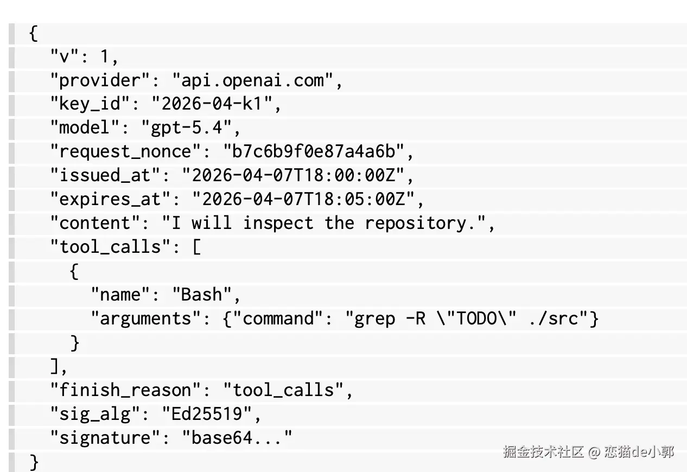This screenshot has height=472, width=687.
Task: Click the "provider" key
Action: tap(100, 81)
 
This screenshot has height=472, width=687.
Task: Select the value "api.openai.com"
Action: tap(253, 81)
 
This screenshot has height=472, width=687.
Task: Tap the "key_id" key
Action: tap(90, 104)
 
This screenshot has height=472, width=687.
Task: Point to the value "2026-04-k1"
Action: tap(212, 104)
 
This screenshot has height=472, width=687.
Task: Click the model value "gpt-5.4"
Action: tap(186, 128)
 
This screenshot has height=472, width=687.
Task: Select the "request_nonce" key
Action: tap(125, 151)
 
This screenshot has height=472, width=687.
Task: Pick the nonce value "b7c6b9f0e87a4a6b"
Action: tap(314, 151)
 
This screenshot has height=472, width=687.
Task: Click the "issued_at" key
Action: tap(105, 175)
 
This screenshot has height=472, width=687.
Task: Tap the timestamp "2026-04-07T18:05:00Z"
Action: tap(304, 199)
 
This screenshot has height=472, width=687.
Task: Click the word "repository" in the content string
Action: tap(416, 224)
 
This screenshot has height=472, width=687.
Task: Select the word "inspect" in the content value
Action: tap(278, 224)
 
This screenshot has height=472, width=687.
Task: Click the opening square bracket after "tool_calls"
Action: tap(197, 247)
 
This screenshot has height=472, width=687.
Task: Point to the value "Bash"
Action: tap(202, 295)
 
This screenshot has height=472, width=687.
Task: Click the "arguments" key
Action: tap(145, 318)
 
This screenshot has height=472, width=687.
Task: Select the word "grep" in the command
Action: tap(375, 319)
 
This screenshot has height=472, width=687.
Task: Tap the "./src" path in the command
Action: tap(554, 318)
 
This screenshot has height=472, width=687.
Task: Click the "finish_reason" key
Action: tap(125, 390)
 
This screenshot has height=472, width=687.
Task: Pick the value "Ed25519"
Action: tap(207, 414)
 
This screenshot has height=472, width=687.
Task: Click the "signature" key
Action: tap(105, 438)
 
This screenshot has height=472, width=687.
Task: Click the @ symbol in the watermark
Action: tap(594, 452)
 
